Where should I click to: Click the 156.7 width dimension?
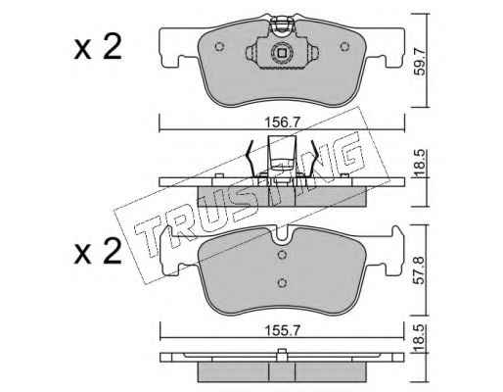point(282,123)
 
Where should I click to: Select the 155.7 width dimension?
point(282,331)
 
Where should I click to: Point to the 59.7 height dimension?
point(421,62)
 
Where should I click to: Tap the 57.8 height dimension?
point(421,269)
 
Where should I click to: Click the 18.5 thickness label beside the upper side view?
point(421,163)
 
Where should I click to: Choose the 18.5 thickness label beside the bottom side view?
point(421,338)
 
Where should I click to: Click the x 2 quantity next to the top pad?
point(98,47)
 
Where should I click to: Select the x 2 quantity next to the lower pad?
point(98,252)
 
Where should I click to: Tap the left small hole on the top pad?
point(219,46)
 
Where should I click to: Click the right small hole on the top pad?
point(344,46)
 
